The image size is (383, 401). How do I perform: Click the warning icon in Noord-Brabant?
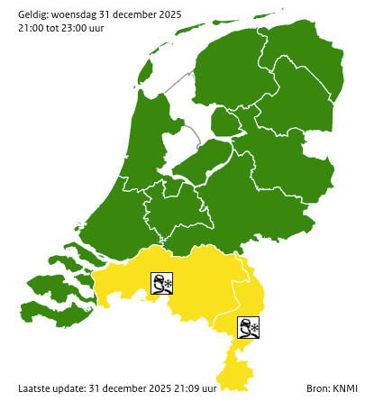pos(162,285)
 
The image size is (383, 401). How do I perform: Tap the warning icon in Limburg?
pos(249,327)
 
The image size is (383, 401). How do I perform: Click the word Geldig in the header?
pos(34,14)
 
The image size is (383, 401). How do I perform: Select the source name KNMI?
pos(344,388)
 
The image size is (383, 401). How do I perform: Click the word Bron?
pos(317,388)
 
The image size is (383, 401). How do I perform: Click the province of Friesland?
pos(225,72)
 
